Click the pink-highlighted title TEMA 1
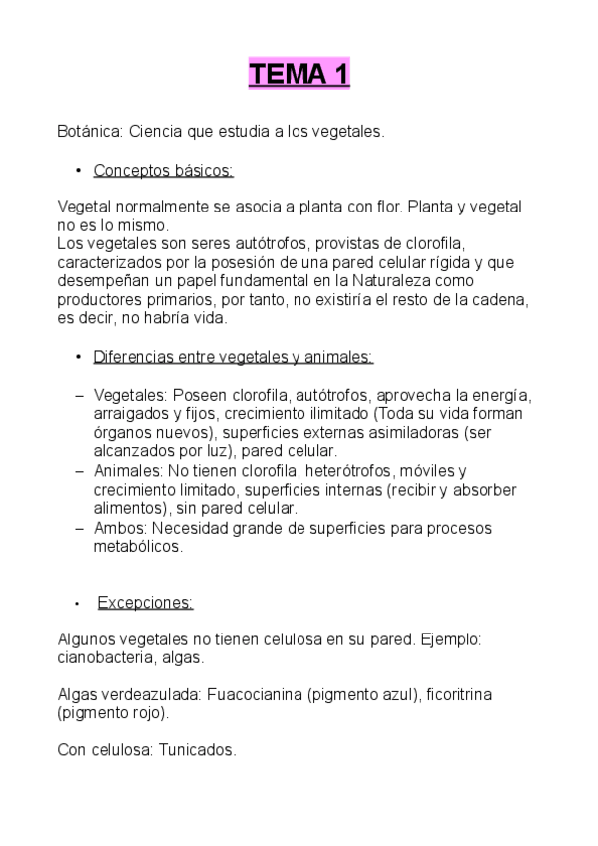coord(299,74)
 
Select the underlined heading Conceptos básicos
coord(163,170)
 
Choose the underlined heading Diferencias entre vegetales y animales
coord(233,357)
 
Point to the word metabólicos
coord(138,547)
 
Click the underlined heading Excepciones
coord(145,603)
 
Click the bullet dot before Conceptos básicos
coord(77,171)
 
